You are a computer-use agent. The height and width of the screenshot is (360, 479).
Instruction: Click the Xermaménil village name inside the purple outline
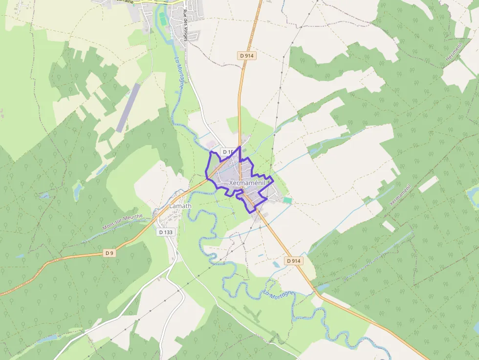[x=246, y=183]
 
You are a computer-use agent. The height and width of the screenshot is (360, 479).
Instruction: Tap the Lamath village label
[x=180, y=206]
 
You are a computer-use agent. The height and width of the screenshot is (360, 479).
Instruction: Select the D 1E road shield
[x=228, y=152]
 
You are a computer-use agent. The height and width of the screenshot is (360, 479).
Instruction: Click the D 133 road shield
[x=166, y=233]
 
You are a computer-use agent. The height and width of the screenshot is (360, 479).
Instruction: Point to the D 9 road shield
[x=109, y=253]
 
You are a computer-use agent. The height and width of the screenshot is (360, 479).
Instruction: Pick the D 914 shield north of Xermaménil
[x=248, y=56]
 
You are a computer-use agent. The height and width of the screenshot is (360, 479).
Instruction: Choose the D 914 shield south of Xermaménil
[x=294, y=261]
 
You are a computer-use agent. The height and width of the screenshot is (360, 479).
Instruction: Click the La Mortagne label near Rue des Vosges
[x=179, y=73]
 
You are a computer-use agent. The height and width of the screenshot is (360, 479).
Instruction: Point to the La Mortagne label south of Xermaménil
[x=279, y=294]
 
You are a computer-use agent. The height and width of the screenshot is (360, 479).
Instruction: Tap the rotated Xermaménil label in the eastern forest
[x=400, y=195]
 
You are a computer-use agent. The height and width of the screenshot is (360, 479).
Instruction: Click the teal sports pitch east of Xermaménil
[x=287, y=200]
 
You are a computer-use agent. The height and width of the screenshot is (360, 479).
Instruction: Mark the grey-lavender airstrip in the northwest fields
[x=128, y=107]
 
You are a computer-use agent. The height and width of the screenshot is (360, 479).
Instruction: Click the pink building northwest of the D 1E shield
[x=211, y=145]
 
